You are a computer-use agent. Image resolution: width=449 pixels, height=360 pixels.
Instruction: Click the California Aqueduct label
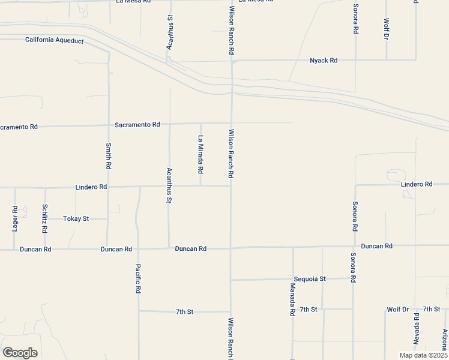(x=53, y=40)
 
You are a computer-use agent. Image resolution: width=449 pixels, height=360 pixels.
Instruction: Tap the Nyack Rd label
(x=324, y=61)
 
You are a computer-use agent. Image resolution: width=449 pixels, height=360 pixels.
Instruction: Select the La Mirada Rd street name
(x=200, y=154)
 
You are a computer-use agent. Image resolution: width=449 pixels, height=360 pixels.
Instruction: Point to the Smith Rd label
(x=109, y=155)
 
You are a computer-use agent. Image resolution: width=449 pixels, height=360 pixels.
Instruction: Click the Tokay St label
(x=76, y=219)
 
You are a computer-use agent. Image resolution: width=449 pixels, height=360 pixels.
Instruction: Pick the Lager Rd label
(x=15, y=218)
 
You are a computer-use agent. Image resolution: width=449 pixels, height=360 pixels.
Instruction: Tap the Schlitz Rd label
(x=45, y=218)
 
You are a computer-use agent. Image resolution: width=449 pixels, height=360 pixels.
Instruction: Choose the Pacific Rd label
(x=138, y=278)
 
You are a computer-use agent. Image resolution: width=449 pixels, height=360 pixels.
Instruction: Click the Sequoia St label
(x=310, y=279)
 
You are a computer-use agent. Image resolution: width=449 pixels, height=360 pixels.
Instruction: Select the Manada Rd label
(x=292, y=301)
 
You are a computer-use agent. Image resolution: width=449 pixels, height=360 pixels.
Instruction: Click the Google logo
(x=20, y=353)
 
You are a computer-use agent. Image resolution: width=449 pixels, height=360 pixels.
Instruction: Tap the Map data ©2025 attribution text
(x=423, y=355)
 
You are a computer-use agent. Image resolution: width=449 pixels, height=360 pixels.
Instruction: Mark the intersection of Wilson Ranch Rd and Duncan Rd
(x=231, y=248)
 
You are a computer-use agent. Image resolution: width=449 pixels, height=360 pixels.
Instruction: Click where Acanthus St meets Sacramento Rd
(x=170, y=124)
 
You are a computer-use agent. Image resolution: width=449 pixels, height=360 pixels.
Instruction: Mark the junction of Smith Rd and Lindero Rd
(x=109, y=187)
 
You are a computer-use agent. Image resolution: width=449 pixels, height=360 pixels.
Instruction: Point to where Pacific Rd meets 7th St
(x=139, y=311)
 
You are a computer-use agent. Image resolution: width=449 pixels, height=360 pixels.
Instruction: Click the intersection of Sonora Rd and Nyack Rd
(x=355, y=60)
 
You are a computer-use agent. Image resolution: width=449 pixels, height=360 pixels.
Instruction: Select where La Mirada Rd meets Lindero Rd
(x=200, y=186)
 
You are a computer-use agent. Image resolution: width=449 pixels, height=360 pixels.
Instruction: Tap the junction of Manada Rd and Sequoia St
(x=293, y=279)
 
